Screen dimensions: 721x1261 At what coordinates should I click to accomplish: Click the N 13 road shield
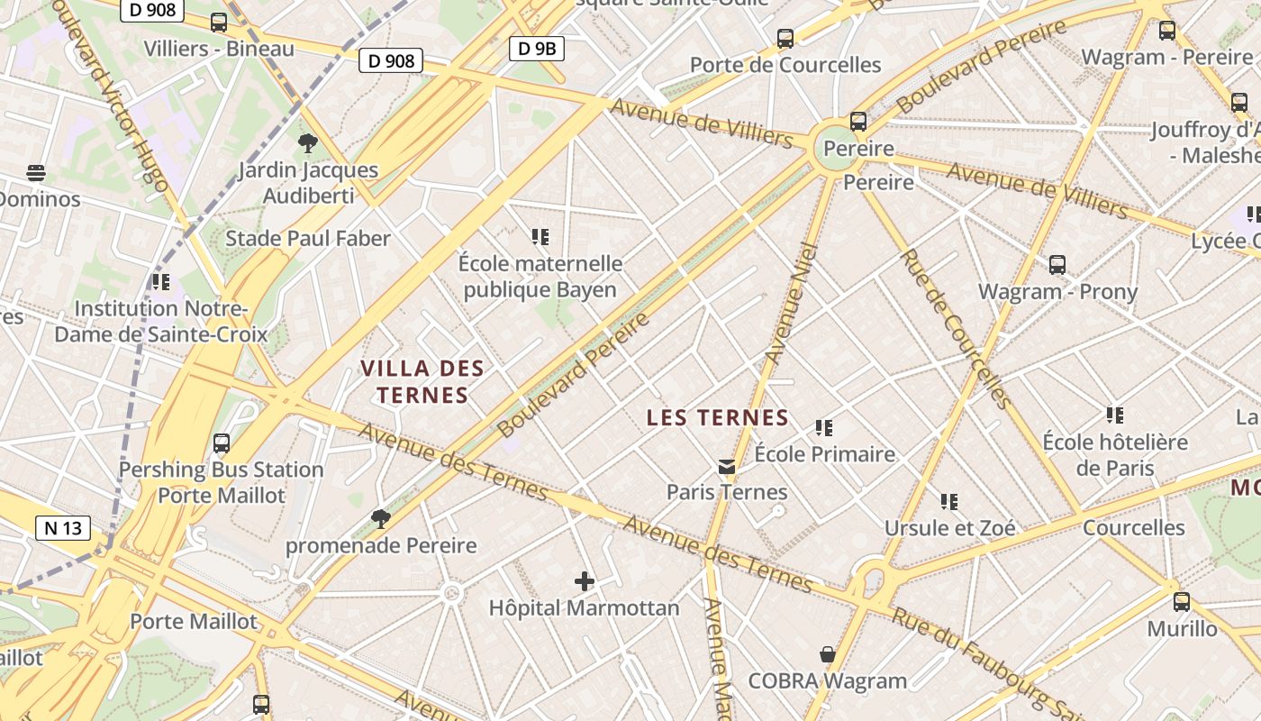pos(63,528)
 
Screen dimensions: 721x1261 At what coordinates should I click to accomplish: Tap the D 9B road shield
pos(537,48)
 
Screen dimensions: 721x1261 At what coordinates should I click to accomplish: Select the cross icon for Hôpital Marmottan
pos(585,581)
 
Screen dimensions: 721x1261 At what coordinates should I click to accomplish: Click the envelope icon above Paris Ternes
pos(727,467)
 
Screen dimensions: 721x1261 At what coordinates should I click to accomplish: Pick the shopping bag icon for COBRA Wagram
pos(827,654)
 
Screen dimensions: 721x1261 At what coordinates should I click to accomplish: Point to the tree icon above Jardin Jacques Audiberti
pos(307,142)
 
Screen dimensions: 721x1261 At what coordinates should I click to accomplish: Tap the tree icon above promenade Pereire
pos(381,518)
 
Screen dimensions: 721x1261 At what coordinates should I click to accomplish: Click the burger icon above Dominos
pos(36,172)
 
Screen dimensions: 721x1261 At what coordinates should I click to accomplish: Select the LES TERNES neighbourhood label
pos(718,417)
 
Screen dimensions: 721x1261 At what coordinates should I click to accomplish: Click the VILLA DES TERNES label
pos(422,381)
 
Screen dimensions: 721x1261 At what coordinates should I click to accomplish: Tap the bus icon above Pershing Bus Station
pos(222,443)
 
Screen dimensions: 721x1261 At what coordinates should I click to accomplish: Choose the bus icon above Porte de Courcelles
pos(785,39)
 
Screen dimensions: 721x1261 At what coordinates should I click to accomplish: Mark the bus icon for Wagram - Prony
pos(1057,265)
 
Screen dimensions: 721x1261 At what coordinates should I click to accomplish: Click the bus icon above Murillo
pos(1182,601)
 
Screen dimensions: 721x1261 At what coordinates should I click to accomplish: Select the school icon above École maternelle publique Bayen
pos(540,237)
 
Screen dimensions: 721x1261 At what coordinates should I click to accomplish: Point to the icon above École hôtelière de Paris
pos(1115,415)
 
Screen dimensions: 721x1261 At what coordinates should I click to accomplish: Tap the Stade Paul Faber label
pos(308,239)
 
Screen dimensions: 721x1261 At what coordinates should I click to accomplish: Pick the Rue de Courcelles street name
pos(955,329)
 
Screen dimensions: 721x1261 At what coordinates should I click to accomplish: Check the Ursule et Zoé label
pos(949,528)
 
